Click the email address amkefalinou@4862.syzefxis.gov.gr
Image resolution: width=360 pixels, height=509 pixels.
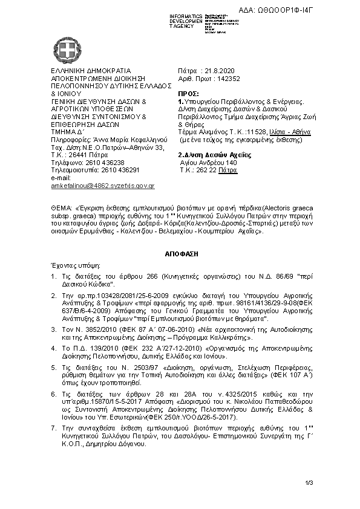[x=103, y=186]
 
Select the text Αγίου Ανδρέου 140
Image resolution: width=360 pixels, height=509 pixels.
[x=209, y=163]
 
